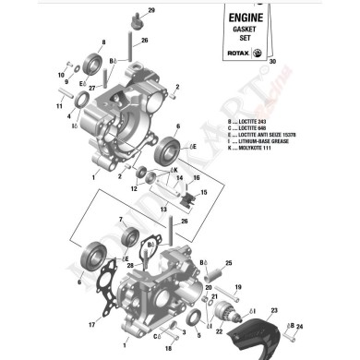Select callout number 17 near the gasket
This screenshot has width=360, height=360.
(x=92, y=325)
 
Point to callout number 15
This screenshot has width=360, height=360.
(x=204, y=193)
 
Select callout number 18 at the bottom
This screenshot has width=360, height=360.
(x=168, y=349)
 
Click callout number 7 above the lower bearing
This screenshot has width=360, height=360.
(x=119, y=220)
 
